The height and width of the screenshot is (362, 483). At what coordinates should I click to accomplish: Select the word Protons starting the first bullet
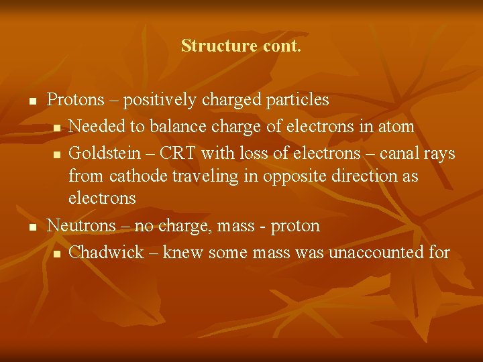[76, 100]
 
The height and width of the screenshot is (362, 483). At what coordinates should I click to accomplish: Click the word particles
[297, 100]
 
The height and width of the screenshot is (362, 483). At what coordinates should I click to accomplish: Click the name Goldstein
[105, 153]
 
